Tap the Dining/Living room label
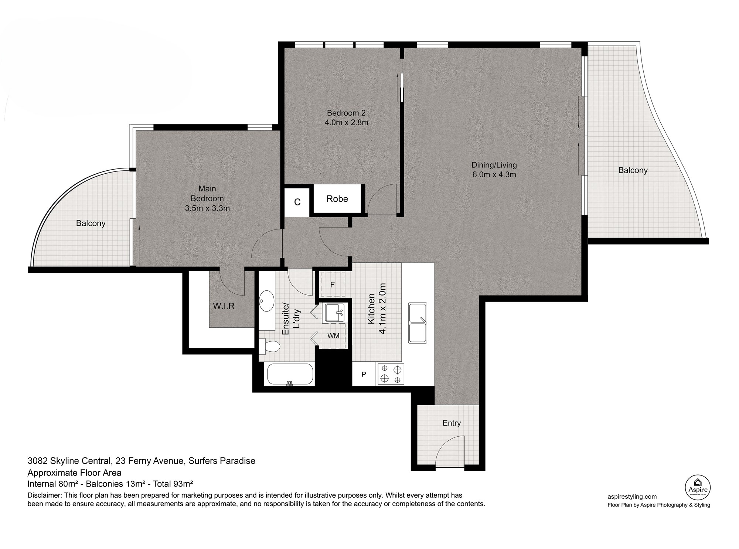pos(494,170)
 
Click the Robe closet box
pos(337,199)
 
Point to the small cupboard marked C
pos(297,202)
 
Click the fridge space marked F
pos(333,284)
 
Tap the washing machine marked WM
pos(334,336)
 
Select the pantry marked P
pos(364,374)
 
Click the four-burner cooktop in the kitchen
pos(391,374)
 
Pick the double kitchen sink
pos(418,323)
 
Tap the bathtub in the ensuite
pos(290,375)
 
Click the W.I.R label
pos(224,306)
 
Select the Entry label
pos(452,423)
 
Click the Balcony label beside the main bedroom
pos(91,223)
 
